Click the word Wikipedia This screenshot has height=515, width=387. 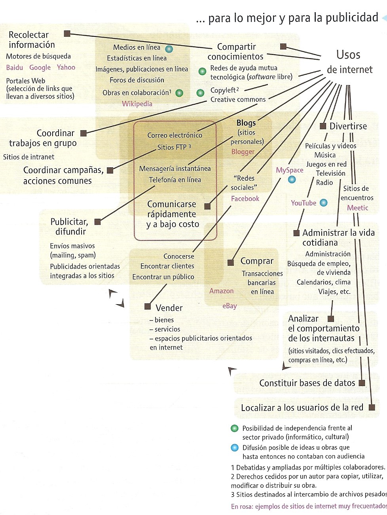(137, 104)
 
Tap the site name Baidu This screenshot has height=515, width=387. (15, 68)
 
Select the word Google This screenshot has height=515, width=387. (40, 68)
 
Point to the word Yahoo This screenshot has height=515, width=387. (66, 67)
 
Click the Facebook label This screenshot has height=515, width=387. (245, 199)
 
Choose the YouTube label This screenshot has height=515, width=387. (304, 203)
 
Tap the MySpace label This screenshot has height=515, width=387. (290, 170)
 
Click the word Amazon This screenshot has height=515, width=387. (222, 291)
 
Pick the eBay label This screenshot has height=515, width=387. (230, 306)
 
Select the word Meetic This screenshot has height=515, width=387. (358, 208)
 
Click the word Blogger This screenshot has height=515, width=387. (243, 151)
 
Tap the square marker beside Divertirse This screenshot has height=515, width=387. (322, 126)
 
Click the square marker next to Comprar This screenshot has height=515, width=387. (231, 262)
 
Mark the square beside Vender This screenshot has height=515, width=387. (148, 306)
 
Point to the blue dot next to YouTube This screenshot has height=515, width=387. (324, 203)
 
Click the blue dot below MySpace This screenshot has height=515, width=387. (292, 180)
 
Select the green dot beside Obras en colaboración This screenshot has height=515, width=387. (179, 93)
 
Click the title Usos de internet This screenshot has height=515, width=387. (349, 62)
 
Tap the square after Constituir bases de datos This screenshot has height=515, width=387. (362, 383)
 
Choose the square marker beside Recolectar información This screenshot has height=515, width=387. (67, 34)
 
